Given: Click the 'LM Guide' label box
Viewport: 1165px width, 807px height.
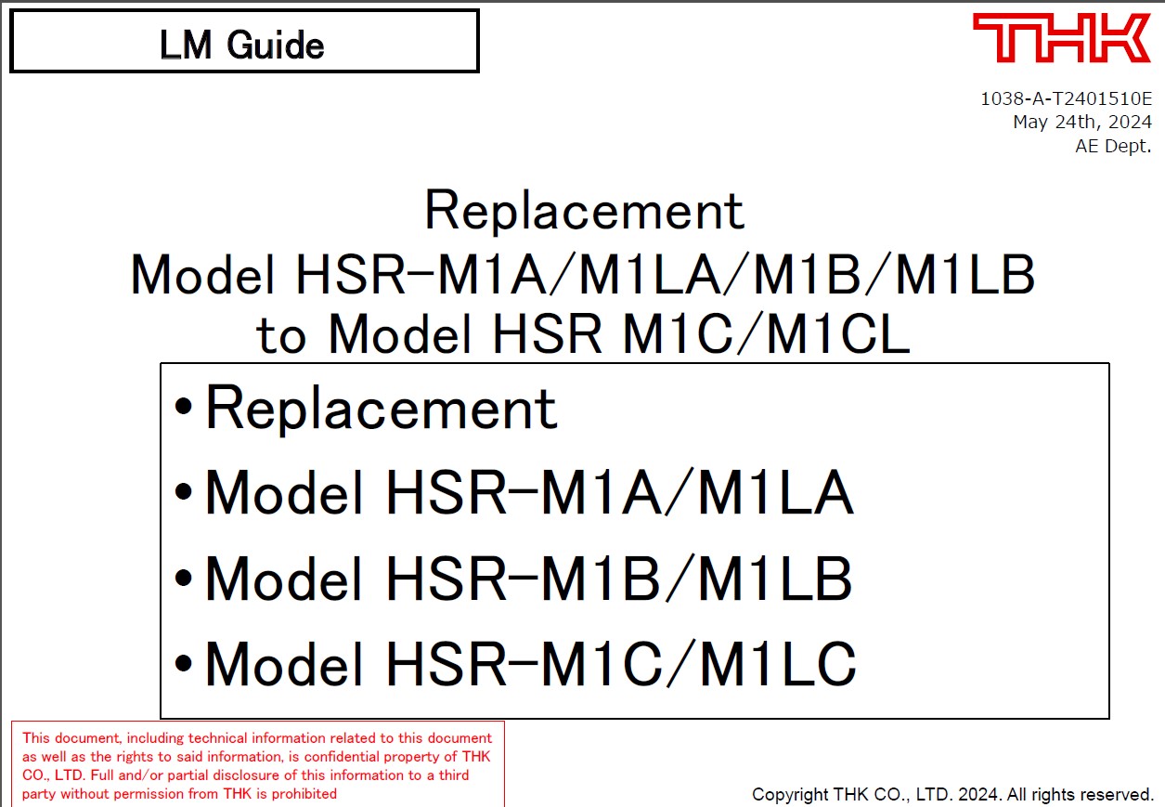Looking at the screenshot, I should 243,42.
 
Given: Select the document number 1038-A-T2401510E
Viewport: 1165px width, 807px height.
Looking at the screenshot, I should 1066,98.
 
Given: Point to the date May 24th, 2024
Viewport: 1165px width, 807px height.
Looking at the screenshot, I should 1082,122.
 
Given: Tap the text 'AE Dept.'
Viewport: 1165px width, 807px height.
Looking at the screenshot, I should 1113,145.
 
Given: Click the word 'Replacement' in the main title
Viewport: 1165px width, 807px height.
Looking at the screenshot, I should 584,212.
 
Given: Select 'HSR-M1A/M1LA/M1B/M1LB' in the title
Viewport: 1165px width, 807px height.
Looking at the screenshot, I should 665,276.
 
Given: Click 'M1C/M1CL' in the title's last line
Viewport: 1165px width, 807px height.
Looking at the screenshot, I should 766,335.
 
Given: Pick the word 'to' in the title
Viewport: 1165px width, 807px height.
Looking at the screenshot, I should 280,337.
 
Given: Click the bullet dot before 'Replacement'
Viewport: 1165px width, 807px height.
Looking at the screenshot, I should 185,409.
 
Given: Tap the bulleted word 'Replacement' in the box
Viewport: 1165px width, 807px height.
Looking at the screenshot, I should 382,409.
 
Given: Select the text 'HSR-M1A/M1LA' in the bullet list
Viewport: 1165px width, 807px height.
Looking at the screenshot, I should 618,494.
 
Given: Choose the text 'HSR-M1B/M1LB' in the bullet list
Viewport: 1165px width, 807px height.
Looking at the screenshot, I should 618,579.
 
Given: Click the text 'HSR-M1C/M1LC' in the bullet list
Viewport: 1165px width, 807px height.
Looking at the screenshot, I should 620,664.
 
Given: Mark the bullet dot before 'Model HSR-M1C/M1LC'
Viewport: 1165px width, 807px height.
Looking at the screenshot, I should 185,664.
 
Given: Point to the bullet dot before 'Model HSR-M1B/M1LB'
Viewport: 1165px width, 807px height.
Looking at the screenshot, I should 185,579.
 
